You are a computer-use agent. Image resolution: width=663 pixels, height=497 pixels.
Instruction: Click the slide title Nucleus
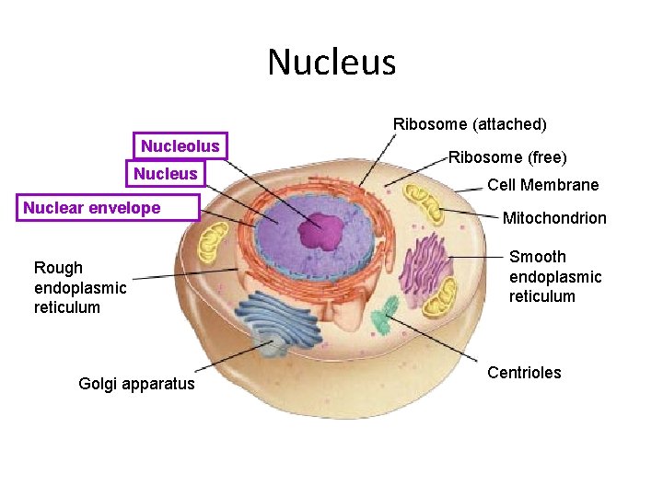tap(331, 63)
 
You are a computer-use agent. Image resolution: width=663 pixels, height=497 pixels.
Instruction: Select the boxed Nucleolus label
tap(180, 146)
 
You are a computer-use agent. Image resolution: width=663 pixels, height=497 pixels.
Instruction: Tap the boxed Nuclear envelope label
tap(92, 208)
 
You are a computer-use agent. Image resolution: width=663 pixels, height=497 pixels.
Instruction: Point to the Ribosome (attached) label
tap(470, 123)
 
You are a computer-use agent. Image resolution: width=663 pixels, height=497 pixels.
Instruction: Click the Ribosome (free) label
tap(507, 157)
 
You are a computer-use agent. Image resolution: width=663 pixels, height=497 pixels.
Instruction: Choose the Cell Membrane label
tap(542, 185)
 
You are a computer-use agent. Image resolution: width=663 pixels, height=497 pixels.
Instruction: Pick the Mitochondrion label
tap(554, 218)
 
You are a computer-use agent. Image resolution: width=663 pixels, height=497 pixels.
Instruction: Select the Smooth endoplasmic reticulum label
tap(555, 276)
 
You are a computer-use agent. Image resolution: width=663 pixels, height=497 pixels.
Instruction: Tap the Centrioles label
tap(524, 373)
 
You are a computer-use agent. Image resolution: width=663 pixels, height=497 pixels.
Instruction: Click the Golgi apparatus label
tap(137, 384)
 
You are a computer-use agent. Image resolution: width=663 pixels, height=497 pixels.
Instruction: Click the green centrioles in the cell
tap(385, 313)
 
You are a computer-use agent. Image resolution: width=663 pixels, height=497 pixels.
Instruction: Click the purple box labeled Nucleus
tap(166, 174)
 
